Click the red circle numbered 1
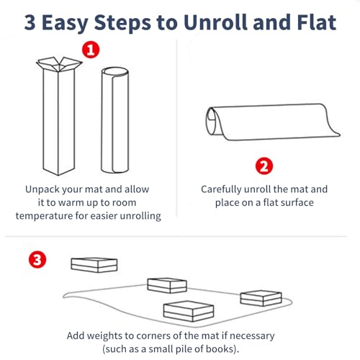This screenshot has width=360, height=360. (x=91, y=50)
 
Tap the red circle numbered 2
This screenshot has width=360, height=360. (x=264, y=166)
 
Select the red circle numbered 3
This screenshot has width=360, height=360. (x=37, y=260)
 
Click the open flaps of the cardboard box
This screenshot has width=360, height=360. (x=59, y=64)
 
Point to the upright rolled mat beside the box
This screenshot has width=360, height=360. (x=115, y=120)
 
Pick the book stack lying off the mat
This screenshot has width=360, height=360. (x=94, y=265)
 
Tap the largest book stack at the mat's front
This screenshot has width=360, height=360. (x=189, y=311)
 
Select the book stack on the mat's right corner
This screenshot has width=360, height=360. (x=261, y=298)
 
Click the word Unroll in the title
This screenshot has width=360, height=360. (x=215, y=22)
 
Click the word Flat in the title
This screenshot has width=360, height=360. (x=317, y=22)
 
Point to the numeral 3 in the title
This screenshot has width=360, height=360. (x=30, y=23)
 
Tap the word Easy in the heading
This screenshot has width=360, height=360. (x=65, y=24)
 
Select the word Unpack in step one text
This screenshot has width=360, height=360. (x=42, y=189)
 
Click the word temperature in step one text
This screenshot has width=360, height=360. (x=44, y=216)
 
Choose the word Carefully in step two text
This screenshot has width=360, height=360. (x=221, y=189)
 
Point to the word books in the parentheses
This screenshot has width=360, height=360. (x=220, y=348)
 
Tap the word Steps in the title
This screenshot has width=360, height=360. (x=122, y=24)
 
